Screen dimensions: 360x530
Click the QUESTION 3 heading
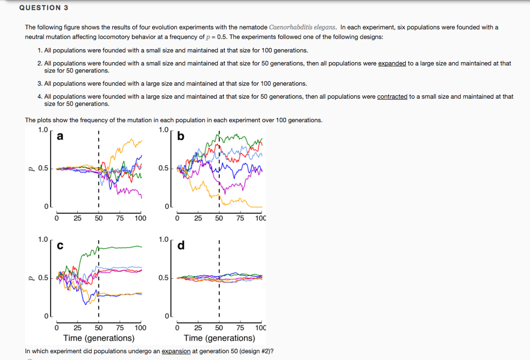click(43, 8)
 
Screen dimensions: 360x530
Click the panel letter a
click(60, 137)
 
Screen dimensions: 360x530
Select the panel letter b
click(180, 137)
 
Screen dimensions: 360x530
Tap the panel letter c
click(60, 246)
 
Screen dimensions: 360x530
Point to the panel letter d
click(180, 245)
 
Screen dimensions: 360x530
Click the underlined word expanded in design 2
click(392, 63)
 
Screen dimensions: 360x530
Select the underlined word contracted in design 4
click(392, 97)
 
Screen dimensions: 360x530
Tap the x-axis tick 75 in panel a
click(120, 218)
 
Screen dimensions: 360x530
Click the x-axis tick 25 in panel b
click(198, 218)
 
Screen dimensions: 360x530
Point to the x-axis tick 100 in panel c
click(140, 327)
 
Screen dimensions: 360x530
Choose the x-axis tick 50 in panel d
click(219, 327)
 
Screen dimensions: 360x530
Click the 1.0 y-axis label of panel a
click(43, 130)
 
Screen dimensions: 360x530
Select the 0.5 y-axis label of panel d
click(164, 278)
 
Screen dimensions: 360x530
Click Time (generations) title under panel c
click(98, 338)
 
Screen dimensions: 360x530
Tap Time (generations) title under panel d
click(219, 338)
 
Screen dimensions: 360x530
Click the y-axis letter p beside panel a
click(31, 168)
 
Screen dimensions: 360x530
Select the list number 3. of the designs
click(40, 83)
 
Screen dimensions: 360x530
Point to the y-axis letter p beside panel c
click(31, 277)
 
